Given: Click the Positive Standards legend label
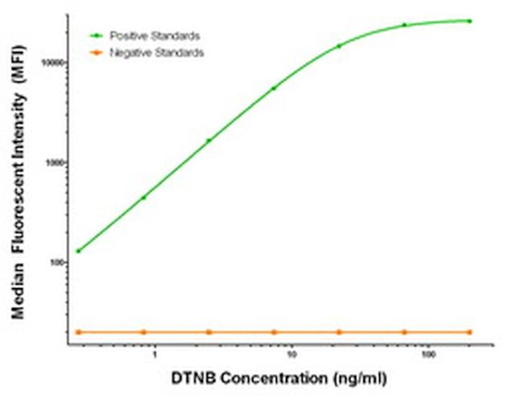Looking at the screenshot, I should coord(155,36).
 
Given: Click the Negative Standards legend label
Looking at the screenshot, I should coord(156,53).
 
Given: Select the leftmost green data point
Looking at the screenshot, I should coord(78,251).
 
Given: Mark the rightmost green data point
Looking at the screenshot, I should coord(469,21).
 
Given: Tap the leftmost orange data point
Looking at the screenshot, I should coord(78,331).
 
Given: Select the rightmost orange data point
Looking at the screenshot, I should coord(469,331).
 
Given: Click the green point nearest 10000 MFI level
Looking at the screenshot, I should coord(339,46).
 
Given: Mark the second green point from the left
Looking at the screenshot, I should coord(144,197).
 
